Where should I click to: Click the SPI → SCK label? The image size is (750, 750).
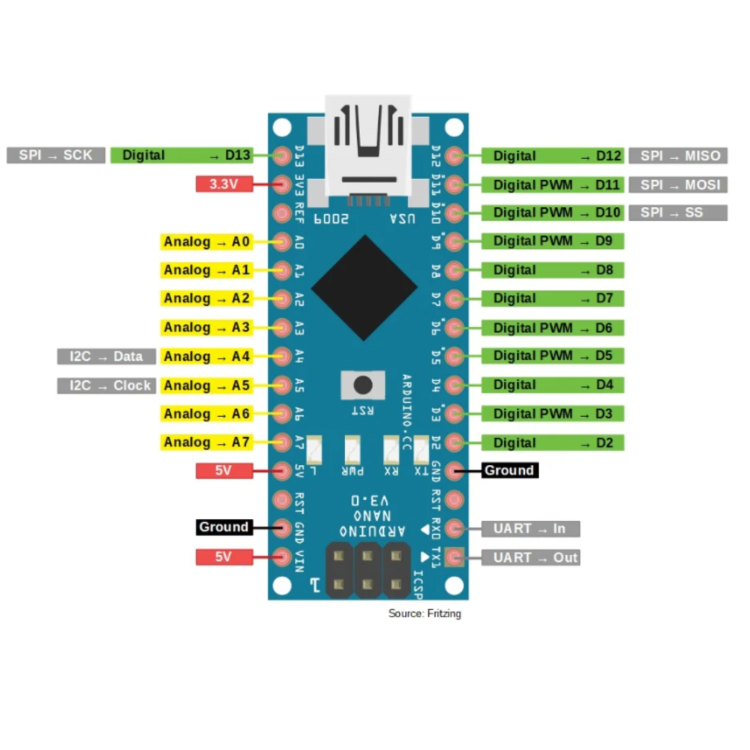tap(55, 155)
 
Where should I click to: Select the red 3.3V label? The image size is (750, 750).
tap(223, 184)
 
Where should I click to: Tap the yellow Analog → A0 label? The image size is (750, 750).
tap(206, 241)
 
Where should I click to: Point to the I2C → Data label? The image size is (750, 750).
tap(106, 356)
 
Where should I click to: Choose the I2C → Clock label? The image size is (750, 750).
tap(106, 385)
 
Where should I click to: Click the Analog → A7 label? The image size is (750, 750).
tap(206, 442)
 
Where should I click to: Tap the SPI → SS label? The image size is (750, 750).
tap(678, 213)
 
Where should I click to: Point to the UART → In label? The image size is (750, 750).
tap(530, 529)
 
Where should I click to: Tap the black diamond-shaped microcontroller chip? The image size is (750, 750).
tap(364, 288)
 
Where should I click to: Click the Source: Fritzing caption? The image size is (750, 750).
tap(424, 613)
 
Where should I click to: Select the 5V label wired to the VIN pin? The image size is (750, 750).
tap(223, 556)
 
